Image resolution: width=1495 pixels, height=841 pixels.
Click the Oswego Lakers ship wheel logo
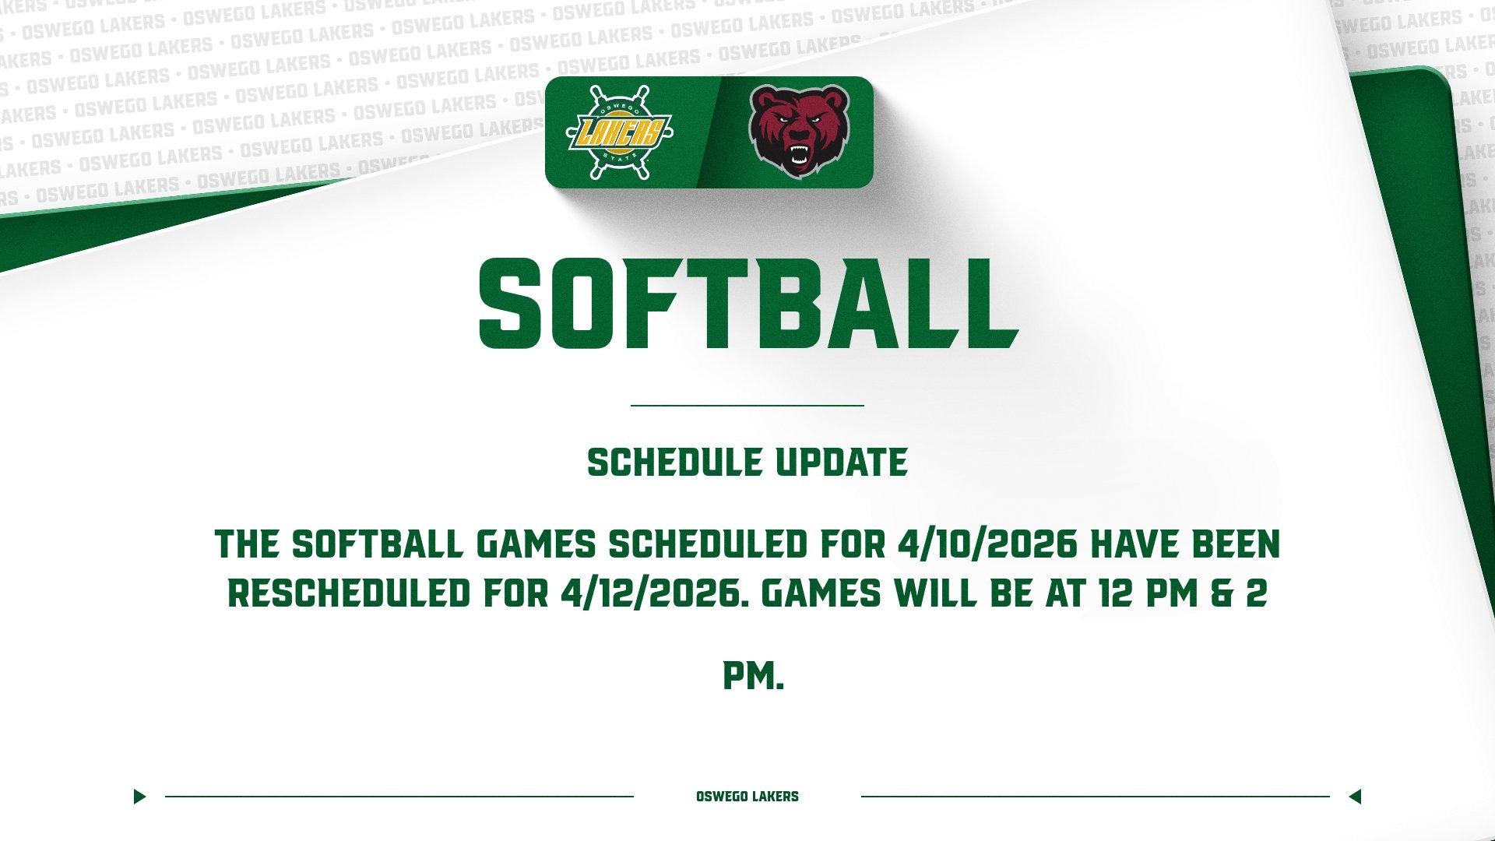point(619,132)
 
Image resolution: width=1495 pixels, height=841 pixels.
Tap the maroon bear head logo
point(799,131)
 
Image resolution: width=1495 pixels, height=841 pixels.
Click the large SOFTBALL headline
point(748,304)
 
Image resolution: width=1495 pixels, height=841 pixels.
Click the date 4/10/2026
point(987,544)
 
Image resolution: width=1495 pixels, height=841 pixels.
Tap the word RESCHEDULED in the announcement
point(349,594)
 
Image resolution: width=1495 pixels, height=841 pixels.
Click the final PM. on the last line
point(753,676)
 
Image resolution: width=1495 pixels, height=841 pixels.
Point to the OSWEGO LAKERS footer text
point(747,797)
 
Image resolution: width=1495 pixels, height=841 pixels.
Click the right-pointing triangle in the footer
point(139,797)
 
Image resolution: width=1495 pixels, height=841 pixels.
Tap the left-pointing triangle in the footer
point(1355,797)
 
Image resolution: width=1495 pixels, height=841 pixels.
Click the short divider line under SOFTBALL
point(747,406)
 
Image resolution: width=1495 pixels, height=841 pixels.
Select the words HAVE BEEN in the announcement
point(1184,544)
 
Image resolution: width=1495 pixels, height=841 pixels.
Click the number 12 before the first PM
point(1115,594)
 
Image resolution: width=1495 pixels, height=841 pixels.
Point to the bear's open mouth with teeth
point(799,156)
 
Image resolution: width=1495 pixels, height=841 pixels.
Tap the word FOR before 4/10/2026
point(853,544)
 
